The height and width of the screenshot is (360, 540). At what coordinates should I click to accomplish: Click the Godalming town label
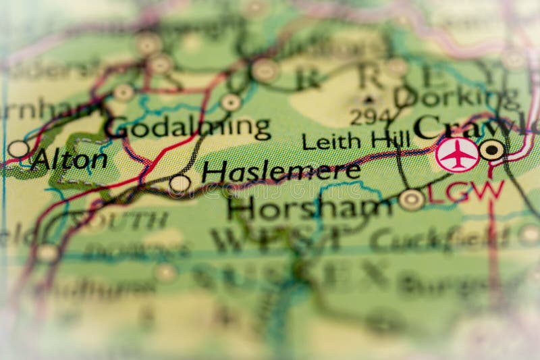point(188,128)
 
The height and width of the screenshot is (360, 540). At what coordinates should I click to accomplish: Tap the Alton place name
point(69,160)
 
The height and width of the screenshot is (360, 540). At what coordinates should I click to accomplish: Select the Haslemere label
point(281,172)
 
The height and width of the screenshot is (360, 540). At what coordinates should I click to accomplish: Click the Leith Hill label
point(356,141)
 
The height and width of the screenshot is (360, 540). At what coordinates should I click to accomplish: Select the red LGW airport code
point(466,191)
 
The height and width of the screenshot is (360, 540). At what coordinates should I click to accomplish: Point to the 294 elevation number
point(371,117)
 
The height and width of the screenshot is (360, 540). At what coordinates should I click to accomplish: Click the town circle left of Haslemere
point(180,183)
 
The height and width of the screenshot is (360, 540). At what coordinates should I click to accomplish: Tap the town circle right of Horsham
point(411,199)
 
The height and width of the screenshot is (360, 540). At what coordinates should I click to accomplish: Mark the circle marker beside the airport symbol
point(492,150)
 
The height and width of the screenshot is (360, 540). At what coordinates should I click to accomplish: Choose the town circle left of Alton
point(18,149)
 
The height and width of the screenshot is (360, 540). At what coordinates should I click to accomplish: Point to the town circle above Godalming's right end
point(231,102)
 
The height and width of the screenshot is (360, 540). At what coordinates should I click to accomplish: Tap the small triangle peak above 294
point(370,99)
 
